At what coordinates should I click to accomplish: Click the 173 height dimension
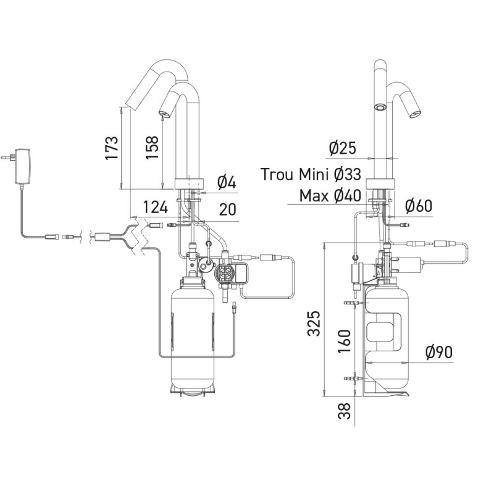112,148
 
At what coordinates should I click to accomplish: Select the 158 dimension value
153,148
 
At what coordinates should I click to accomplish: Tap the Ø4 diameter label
226,183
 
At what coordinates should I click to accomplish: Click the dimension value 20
228,209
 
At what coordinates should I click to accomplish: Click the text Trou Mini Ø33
311,174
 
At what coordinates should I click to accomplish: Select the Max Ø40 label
330,196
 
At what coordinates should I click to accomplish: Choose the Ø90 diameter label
439,352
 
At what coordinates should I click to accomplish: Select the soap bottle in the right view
387,337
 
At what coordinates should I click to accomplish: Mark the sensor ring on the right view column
381,106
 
